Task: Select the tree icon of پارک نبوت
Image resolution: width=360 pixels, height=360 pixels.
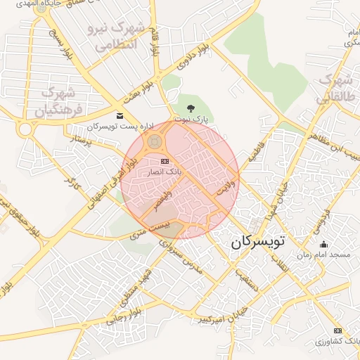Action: click(191, 108)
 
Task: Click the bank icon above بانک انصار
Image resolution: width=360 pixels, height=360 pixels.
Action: click(165, 162)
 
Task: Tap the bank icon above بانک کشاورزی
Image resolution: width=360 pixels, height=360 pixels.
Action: click(338, 330)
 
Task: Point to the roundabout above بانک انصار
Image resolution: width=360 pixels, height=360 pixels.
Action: click(153, 143)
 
